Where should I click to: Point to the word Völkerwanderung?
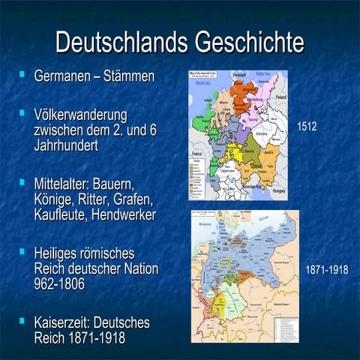coord(80,115)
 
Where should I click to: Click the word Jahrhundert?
coord(66,145)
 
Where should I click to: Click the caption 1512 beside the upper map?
coord(307,127)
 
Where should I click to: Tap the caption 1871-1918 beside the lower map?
coord(327,268)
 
